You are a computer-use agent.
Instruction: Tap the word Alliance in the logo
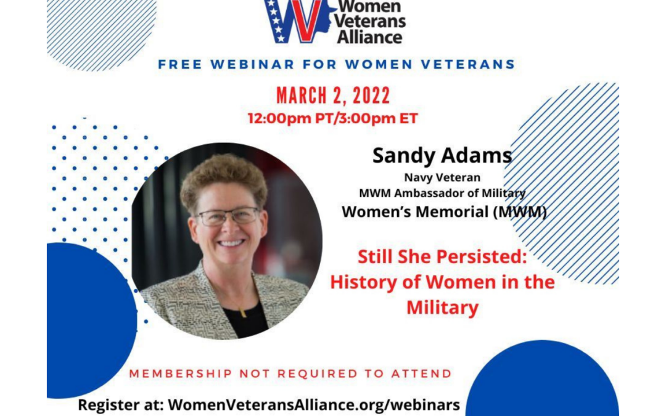(x=369, y=36)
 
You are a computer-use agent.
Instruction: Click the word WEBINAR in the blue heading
(x=253, y=65)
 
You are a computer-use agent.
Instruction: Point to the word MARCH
(x=302, y=96)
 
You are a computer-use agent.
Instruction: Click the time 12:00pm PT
(x=279, y=118)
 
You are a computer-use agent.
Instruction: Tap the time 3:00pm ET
(x=367, y=118)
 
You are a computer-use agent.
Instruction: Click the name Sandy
(x=400, y=155)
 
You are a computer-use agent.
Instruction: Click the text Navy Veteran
(x=442, y=177)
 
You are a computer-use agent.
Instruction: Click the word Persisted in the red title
(x=482, y=257)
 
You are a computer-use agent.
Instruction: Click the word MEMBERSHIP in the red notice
(x=181, y=373)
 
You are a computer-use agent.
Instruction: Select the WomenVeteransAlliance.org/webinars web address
(x=314, y=404)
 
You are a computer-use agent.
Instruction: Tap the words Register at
(x=121, y=405)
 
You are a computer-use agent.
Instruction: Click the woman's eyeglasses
(x=228, y=216)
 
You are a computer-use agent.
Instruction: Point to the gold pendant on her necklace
(x=244, y=313)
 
